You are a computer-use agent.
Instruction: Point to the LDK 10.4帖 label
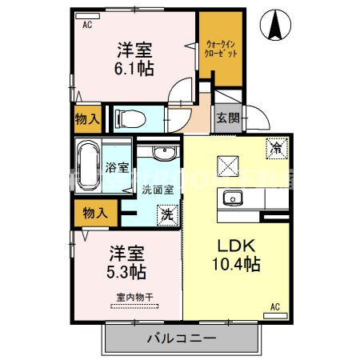click(234, 255)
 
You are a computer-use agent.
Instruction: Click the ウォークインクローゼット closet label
click(221, 49)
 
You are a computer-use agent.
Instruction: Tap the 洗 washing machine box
click(166, 214)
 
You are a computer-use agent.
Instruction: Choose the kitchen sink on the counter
click(234, 198)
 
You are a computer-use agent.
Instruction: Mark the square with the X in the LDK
click(226, 165)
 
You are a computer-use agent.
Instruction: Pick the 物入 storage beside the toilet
click(88, 119)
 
